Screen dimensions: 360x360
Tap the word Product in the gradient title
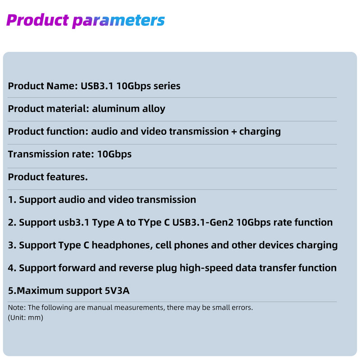coord(37,20)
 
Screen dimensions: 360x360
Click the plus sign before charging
coord(232,131)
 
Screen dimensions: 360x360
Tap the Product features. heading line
coord(48,177)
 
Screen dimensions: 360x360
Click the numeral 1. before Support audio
coord(12,199)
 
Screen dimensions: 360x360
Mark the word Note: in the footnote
coord(17,308)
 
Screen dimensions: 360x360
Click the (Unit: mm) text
coord(26,317)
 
